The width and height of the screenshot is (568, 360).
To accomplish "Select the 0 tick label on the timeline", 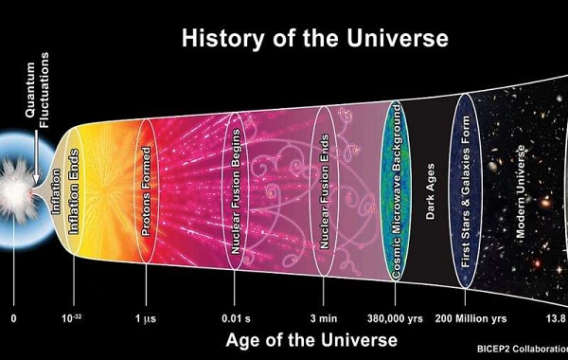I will tap(13, 317).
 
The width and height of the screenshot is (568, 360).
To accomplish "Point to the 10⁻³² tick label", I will tap(73, 317).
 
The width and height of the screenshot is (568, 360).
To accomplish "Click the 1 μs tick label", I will tap(145, 317).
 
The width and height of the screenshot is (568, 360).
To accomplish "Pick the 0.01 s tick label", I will tap(235, 317).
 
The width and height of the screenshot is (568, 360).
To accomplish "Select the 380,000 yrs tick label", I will tap(393, 317).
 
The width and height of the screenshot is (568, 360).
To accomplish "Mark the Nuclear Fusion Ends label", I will tap(324, 195).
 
